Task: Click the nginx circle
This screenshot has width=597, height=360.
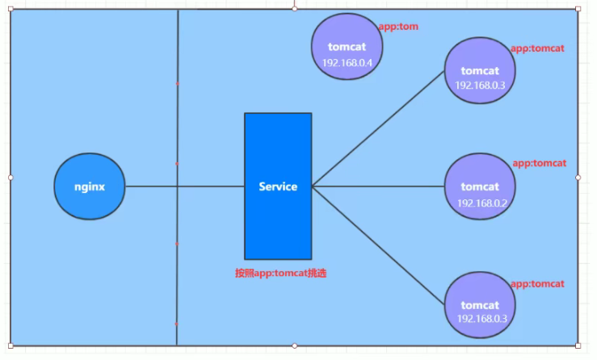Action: tap(90, 186)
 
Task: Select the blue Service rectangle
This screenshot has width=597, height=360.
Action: tap(278, 186)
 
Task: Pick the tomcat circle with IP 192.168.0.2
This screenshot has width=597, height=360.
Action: tap(481, 186)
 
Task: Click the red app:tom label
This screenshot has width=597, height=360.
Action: tap(397, 27)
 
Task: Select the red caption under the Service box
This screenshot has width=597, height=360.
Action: tap(280, 274)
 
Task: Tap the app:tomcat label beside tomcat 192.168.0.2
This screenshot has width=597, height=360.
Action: tap(539, 163)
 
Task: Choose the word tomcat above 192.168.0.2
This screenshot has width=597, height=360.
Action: tap(481, 187)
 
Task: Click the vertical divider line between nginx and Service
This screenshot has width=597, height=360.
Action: tap(177, 121)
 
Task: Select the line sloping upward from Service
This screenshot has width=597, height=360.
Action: tap(378, 129)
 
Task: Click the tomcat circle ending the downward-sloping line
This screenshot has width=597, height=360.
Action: tap(480, 305)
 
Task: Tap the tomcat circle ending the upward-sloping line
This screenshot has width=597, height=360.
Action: tap(479, 71)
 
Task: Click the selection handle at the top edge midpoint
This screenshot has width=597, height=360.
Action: tap(294, 8)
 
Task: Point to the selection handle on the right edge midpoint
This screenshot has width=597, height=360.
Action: tap(578, 176)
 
